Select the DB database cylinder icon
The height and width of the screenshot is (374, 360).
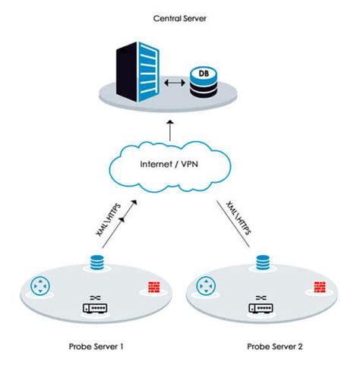(202, 83)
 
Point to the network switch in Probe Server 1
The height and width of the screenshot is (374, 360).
(96, 307)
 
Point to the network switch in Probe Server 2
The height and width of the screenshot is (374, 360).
(264, 307)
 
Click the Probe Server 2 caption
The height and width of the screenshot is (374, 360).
(275, 347)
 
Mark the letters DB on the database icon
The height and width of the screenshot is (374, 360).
(202, 74)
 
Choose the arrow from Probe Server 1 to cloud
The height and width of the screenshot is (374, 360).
(122, 220)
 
